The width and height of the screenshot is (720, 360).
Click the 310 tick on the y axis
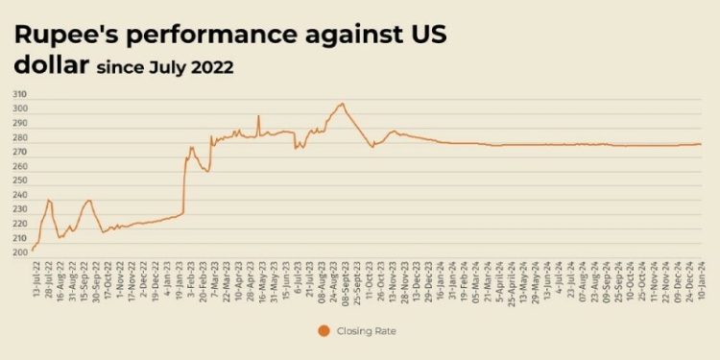click(19, 94)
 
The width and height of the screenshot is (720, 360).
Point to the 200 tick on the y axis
click(19, 252)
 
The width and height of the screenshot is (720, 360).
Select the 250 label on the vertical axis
click(19, 180)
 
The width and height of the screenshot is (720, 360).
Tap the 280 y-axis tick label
click(19, 137)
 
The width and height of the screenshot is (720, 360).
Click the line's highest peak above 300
click(341, 104)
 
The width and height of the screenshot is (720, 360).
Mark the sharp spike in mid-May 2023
click(258, 117)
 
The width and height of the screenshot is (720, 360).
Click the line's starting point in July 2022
click(33, 251)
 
